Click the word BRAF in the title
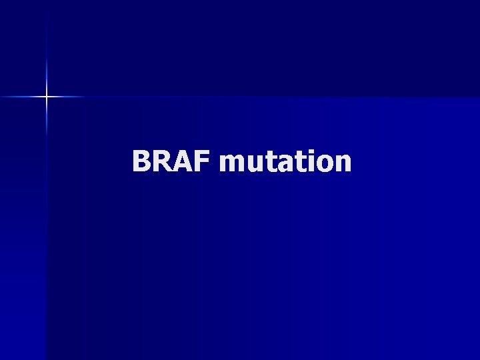[x=171, y=161]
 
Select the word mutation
[x=285, y=161]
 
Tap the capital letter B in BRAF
[x=142, y=161]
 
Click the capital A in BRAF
[x=182, y=161]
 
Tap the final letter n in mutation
[x=341, y=164]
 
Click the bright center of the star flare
[x=47, y=97]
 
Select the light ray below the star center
[x=47, y=123]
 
